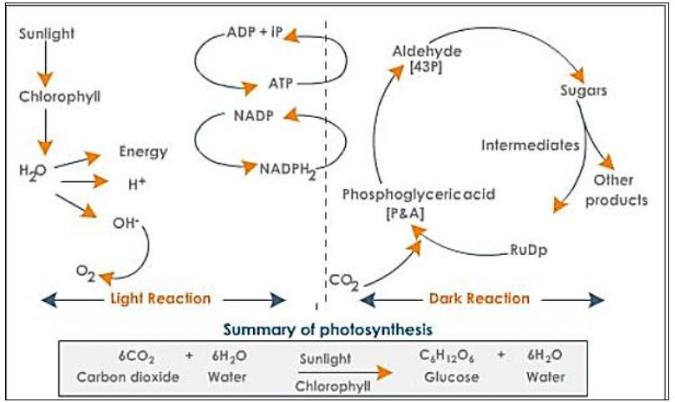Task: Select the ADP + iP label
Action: click(255, 35)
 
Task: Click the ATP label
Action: click(281, 84)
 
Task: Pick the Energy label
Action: click(144, 151)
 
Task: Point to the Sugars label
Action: click(582, 89)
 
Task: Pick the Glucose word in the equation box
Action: click(443, 377)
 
